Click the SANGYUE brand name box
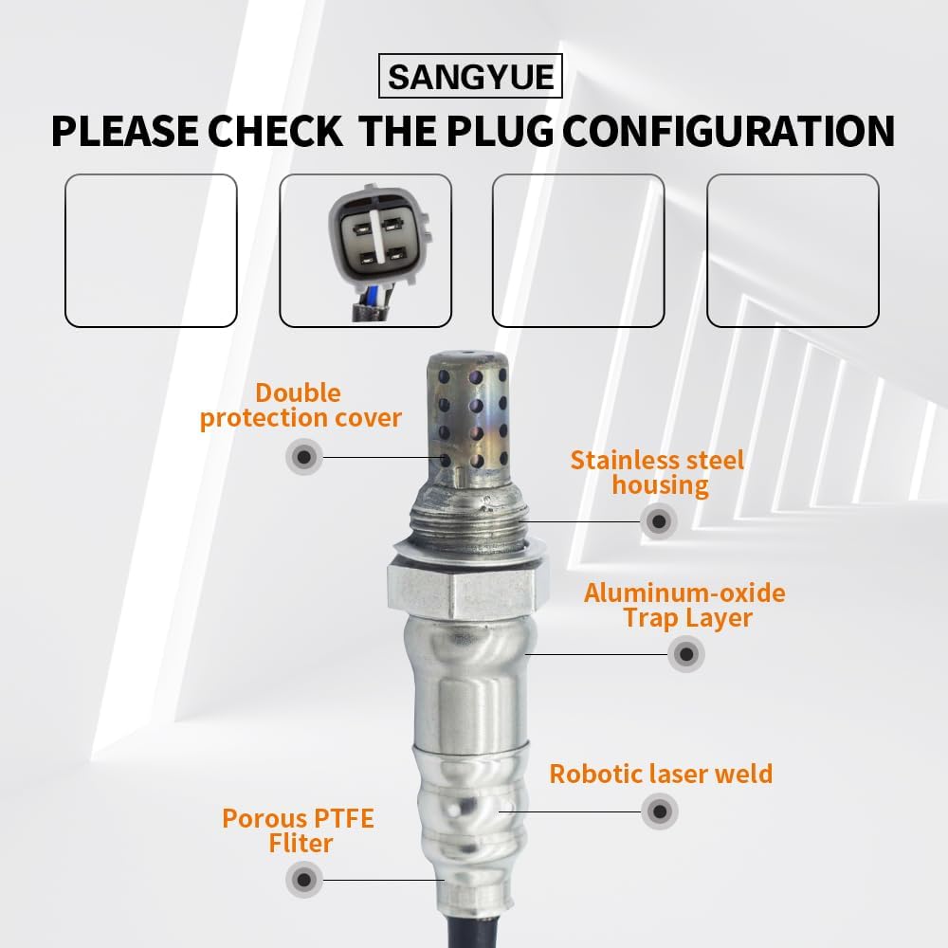tap(470, 77)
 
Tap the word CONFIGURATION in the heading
tap(729, 131)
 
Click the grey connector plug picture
tap(377, 233)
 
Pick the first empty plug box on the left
tap(151, 251)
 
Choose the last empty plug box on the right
tap(793, 251)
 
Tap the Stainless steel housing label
tap(657, 473)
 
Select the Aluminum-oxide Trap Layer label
tap(684, 606)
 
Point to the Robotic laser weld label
tap(661, 774)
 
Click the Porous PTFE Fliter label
tap(298, 830)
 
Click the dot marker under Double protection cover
tap(303, 458)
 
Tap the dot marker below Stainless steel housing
tap(658, 520)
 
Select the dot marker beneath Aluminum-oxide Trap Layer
tap(685, 654)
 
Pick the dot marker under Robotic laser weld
tap(660, 811)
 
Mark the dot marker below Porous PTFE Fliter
tap(303, 880)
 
